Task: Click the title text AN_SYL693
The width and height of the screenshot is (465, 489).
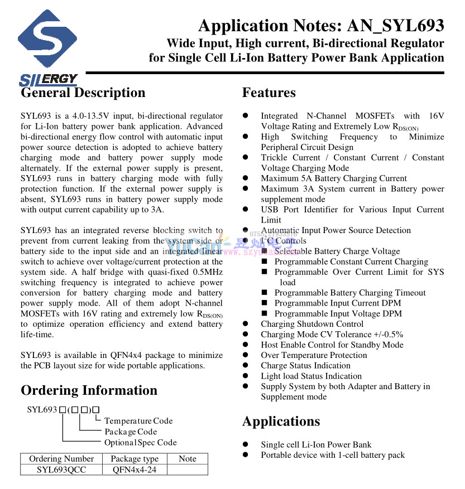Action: tap(395, 26)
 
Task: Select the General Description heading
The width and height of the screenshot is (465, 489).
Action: tap(83, 93)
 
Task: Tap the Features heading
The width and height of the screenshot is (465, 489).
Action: tap(269, 93)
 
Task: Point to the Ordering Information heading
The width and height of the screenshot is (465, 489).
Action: tap(89, 390)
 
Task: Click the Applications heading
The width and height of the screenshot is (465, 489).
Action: tap(281, 421)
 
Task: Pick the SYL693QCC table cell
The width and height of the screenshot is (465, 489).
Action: tap(61, 469)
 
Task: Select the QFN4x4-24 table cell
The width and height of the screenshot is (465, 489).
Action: tap(135, 469)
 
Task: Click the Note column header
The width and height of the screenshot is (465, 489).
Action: tap(188, 459)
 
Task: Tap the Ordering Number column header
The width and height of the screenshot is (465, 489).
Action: tap(61, 459)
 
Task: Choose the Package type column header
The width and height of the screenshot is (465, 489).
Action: tap(135, 459)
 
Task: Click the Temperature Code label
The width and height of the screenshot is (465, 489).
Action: tap(138, 421)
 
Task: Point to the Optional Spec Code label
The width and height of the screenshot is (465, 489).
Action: tap(140, 442)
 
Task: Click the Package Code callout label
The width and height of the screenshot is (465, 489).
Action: tap(131, 432)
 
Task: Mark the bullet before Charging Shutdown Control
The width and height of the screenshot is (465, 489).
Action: tap(245, 324)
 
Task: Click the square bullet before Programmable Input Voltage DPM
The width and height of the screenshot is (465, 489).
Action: tap(265, 313)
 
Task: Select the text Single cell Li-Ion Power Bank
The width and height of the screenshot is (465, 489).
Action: tap(316, 444)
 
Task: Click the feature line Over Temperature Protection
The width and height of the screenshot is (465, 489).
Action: tap(314, 355)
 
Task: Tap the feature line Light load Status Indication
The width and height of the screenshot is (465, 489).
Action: tap(311, 376)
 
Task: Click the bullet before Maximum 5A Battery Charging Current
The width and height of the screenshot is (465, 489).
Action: tap(245, 178)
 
